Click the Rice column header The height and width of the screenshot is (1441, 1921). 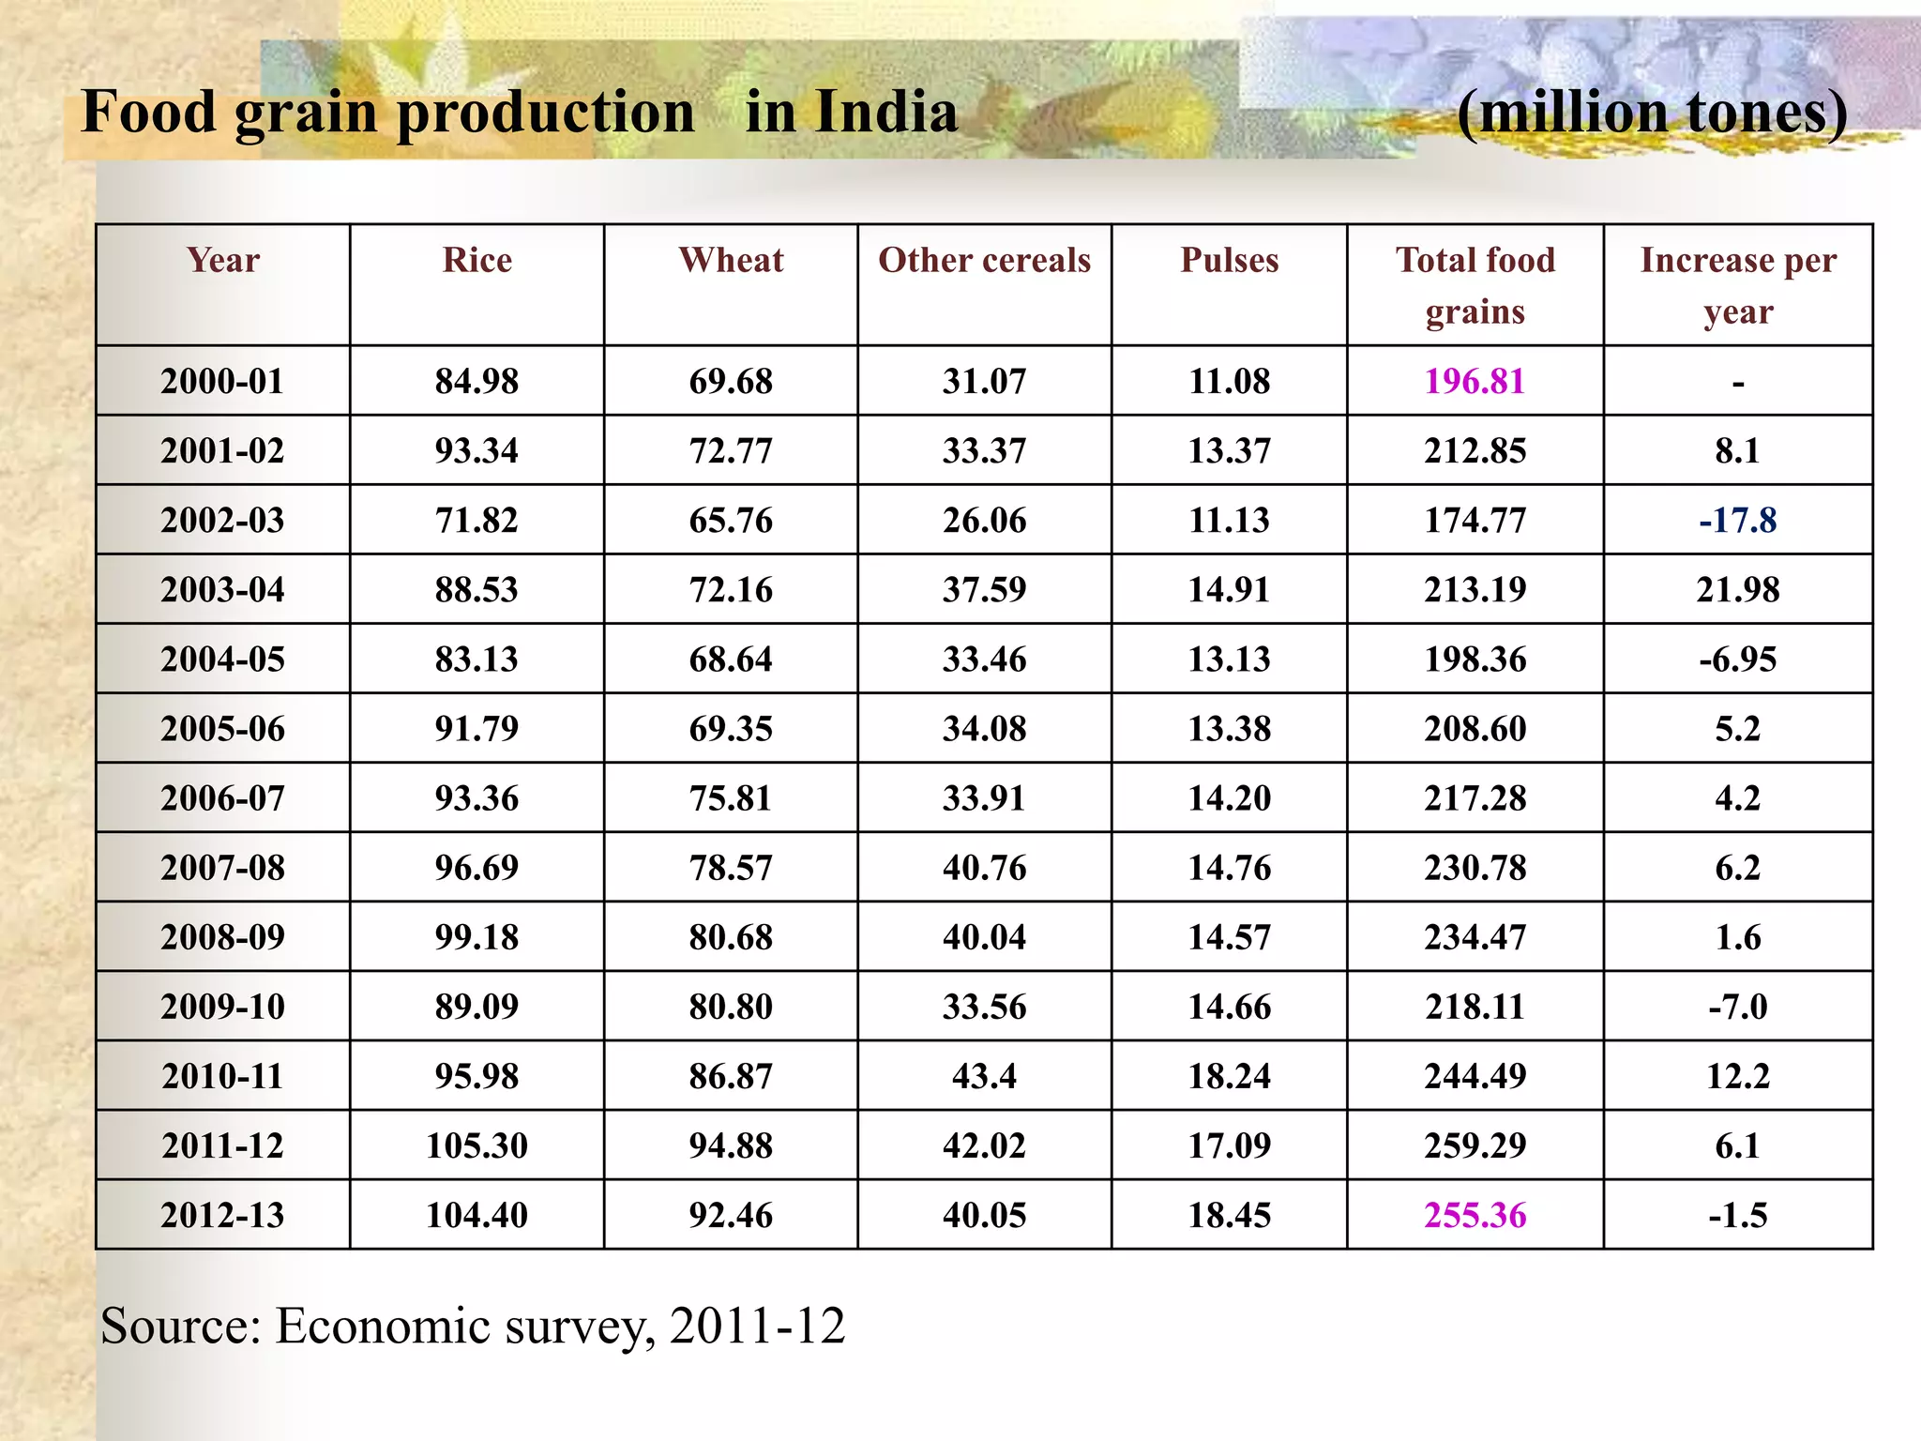[x=476, y=260]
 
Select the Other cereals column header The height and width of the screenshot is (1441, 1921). [x=984, y=260]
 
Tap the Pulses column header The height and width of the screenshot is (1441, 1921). [x=1229, y=260]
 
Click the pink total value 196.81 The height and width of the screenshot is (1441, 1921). [x=1475, y=381]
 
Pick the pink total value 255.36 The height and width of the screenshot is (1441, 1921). [x=1475, y=1215]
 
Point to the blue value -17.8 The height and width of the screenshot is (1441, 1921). [x=1737, y=520]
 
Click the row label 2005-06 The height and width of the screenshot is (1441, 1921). [x=222, y=729]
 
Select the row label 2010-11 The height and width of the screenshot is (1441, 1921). [x=222, y=1076]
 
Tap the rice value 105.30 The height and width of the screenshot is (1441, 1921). [x=476, y=1145]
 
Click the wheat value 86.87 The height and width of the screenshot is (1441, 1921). [x=731, y=1076]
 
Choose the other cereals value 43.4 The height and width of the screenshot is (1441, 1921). [x=984, y=1076]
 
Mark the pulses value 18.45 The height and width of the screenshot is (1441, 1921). [x=1229, y=1215]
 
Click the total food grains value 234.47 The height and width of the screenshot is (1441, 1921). [x=1475, y=937]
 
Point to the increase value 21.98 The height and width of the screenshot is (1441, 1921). [x=1737, y=589]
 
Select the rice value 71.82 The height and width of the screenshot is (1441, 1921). [x=476, y=520]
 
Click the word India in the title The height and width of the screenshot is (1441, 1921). [x=885, y=112]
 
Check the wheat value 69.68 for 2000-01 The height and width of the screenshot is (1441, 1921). [x=731, y=381]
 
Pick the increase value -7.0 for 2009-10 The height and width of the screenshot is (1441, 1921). [x=1737, y=1007]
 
